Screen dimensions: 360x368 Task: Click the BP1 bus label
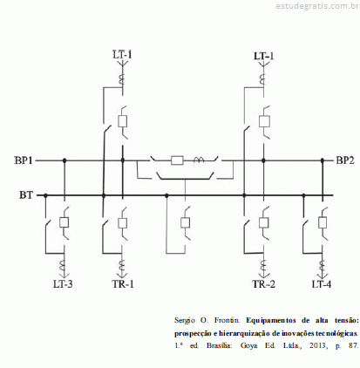24,160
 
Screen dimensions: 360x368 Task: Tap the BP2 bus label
345,160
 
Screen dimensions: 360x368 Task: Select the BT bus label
26,194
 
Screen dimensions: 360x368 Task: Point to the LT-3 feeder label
63,283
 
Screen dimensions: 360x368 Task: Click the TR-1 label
123,283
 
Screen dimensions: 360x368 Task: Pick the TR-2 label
263,283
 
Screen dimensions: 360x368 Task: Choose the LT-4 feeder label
322,283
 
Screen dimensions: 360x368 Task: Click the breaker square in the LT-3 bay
64,222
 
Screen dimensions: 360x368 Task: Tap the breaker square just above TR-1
123,222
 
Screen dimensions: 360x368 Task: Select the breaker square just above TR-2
264,222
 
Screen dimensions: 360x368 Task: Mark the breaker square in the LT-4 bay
323,222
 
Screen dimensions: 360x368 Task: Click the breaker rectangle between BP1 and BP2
177,160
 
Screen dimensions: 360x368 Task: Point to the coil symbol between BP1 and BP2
199,160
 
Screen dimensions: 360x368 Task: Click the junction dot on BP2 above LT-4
323,160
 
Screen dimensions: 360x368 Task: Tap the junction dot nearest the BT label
45,195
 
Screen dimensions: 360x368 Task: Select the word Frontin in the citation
227,320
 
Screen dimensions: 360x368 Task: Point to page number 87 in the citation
353,345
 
